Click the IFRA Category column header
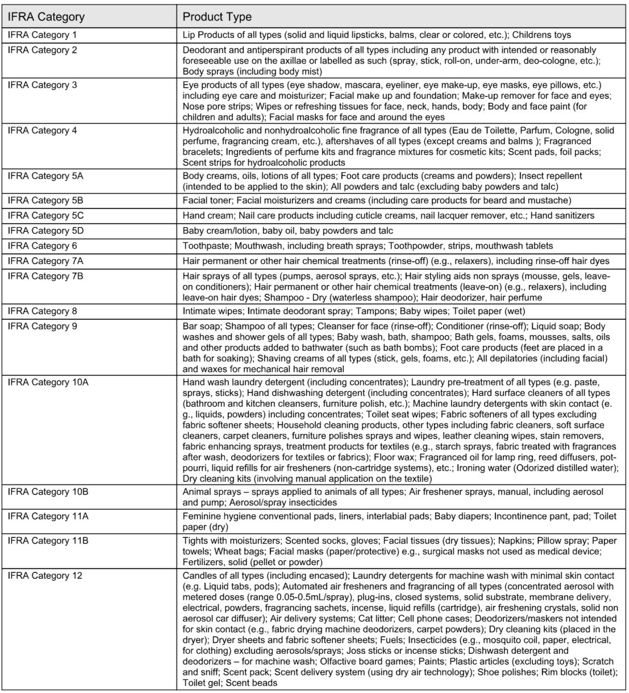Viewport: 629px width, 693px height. (46, 16)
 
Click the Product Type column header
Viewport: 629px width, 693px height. (217, 16)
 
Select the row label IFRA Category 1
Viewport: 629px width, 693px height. (42, 35)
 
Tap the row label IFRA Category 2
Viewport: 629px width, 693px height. (42, 50)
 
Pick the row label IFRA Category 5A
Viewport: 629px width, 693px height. (45, 176)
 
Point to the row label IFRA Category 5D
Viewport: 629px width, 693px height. (45, 231)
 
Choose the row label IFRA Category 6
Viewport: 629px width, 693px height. (42, 245)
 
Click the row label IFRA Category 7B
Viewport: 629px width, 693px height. (45, 275)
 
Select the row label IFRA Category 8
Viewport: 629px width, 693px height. (42, 311)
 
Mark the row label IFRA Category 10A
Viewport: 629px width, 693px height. (48, 382)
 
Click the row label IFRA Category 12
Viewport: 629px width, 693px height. (45, 575)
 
